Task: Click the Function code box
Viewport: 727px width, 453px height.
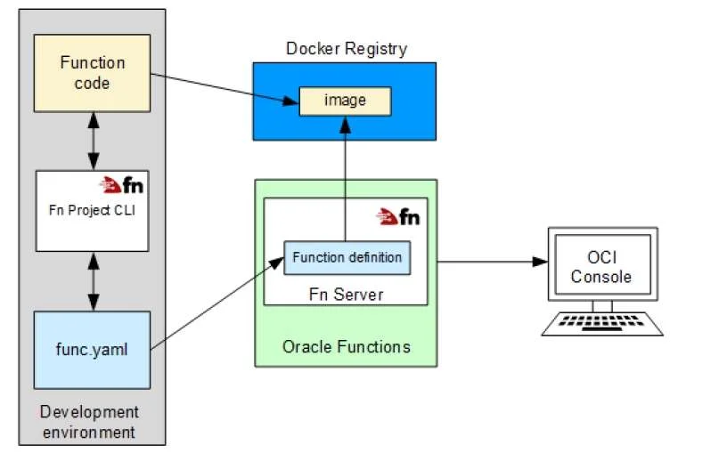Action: click(93, 73)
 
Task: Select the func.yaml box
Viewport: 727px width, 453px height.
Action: click(93, 350)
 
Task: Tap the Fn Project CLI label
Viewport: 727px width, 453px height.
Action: click(92, 210)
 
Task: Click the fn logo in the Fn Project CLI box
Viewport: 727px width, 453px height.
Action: click(121, 185)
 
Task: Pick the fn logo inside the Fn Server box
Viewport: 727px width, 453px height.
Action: click(398, 217)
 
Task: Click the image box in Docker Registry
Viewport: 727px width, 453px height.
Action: click(346, 101)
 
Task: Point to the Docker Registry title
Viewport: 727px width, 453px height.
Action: click(347, 49)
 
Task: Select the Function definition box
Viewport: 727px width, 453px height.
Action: click(347, 257)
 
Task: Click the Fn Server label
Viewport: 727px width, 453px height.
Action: click(346, 295)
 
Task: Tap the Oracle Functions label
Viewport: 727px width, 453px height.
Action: click(347, 347)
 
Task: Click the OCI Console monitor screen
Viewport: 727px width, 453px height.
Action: click(603, 264)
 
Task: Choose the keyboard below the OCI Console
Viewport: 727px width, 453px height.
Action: click(602, 323)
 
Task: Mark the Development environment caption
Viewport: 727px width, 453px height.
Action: click(89, 422)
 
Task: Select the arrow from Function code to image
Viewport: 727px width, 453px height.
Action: click(225, 88)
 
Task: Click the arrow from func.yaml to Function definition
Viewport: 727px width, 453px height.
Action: click(217, 303)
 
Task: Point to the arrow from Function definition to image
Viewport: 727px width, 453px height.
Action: click(346, 179)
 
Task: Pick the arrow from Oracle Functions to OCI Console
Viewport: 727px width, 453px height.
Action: click(493, 262)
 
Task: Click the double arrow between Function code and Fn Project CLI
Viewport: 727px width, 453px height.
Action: click(94, 142)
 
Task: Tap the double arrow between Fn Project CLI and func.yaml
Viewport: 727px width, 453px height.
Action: click(94, 281)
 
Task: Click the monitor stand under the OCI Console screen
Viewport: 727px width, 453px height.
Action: click(602, 306)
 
